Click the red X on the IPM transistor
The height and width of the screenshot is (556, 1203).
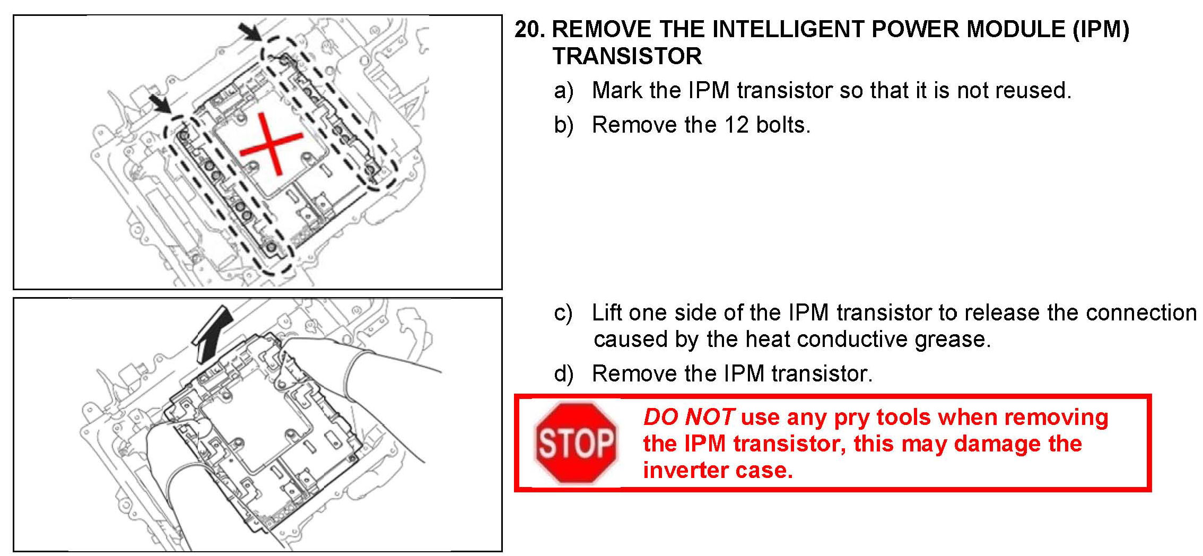[271, 144]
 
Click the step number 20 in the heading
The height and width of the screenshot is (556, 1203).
[529, 29]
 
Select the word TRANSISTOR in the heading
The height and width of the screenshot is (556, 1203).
[627, 56]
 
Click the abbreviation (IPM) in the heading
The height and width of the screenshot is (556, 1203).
[1101, 30]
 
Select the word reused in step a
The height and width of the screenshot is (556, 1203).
[1033, 90]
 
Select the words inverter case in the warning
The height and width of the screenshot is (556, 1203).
[718, 470]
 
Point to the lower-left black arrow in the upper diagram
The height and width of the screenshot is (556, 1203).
[160, 103]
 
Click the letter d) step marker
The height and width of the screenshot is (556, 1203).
[563, 373]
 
